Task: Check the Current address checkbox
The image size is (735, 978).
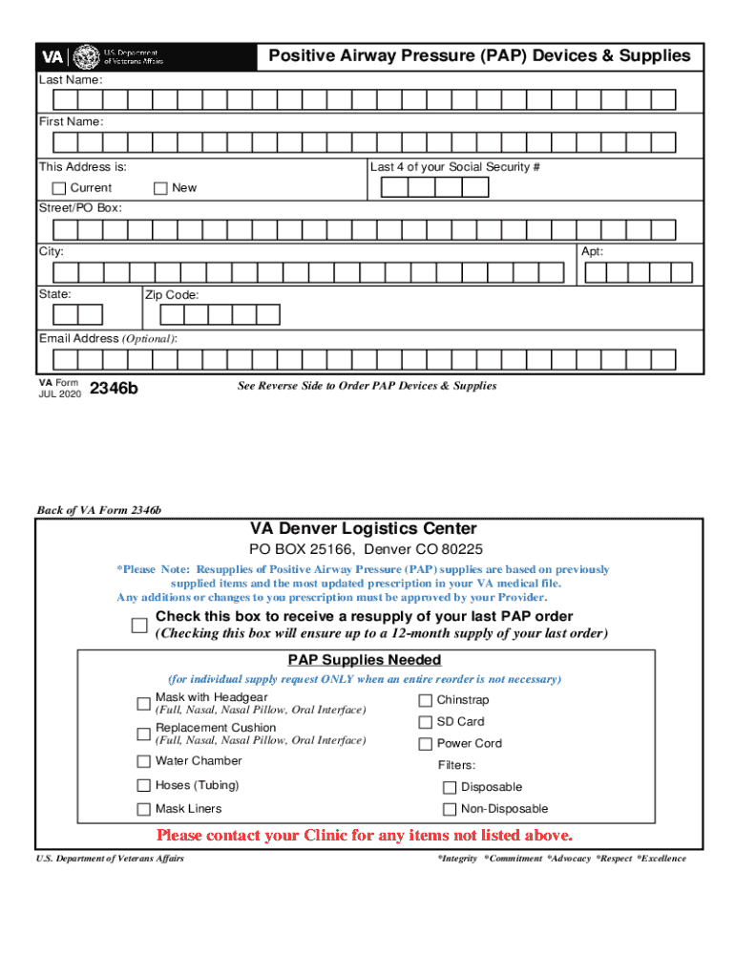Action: (59, 188)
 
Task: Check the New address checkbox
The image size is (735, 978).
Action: (160, 188)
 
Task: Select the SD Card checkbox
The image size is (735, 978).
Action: (426, 722)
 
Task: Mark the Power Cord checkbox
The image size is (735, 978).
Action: (426, 744)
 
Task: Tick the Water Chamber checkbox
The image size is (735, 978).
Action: (144, 761)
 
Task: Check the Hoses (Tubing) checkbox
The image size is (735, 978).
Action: (144, 786)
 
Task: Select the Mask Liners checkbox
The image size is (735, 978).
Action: (144, 809)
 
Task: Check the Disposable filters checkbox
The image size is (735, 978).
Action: (450, 788)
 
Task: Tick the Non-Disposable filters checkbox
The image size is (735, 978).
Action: (450, 809)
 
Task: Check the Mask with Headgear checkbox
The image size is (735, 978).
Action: (144, 704)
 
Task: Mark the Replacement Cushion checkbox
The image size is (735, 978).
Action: (144, 733)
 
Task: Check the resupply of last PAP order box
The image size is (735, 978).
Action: (139, 626)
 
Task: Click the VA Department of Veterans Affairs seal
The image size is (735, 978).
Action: (86, 56)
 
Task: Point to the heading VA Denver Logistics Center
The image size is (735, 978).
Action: (364, 529)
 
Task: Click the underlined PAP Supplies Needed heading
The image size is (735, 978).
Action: (365, 660)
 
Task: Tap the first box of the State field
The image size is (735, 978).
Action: (65, 315)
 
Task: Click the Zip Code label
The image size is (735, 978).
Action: (172, 296)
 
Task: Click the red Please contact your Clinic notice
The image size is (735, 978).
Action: (370, 836)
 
